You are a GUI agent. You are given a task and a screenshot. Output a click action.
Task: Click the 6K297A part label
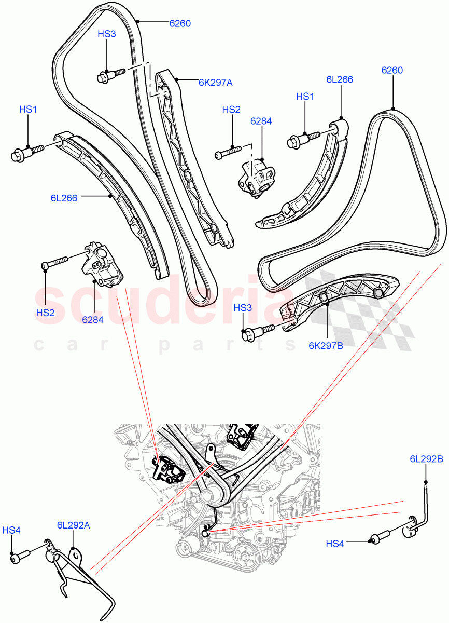pos(215,82)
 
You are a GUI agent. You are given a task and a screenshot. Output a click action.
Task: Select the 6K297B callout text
pos(326,345)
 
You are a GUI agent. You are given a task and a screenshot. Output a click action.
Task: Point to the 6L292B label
pos(426,458)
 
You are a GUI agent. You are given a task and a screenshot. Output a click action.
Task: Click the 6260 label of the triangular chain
pos(392,71)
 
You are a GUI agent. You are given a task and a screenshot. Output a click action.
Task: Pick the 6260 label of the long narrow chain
pos(180,23)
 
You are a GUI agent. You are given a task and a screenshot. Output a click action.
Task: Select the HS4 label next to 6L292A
pos(11,530)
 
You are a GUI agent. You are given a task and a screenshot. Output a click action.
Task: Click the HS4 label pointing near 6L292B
pos(335,544)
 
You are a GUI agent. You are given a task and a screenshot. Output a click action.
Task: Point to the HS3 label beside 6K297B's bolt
pos(243,308)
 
